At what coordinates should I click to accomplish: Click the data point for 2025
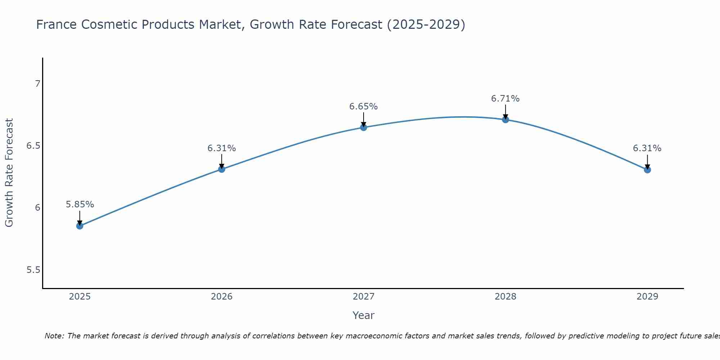coord(80,226)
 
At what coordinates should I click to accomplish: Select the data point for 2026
coord(222,169)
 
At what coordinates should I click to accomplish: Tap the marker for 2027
coord(364,127)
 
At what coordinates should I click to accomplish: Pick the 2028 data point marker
coord(505,120)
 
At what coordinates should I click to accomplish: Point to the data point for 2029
coord(647,170)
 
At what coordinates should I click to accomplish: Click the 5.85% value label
coord(80,204)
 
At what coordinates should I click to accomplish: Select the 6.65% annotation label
coord(364,107)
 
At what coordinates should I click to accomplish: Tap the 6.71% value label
coord(505,99)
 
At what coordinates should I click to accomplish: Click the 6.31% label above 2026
coord(222,148)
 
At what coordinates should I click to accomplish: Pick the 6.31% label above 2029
coord(647,148)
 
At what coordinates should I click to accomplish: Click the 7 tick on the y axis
coord(37,84)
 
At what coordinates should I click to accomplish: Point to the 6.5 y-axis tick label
coord(33,146)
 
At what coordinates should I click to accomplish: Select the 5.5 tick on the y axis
coord(33,270)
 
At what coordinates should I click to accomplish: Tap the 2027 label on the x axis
coord(364,297)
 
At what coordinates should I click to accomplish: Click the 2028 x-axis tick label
coord(505,297)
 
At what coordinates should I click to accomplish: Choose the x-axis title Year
coord(364,315)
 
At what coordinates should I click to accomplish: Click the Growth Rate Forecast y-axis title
coord(9,173)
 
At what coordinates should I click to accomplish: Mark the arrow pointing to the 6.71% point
coord(505,111)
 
